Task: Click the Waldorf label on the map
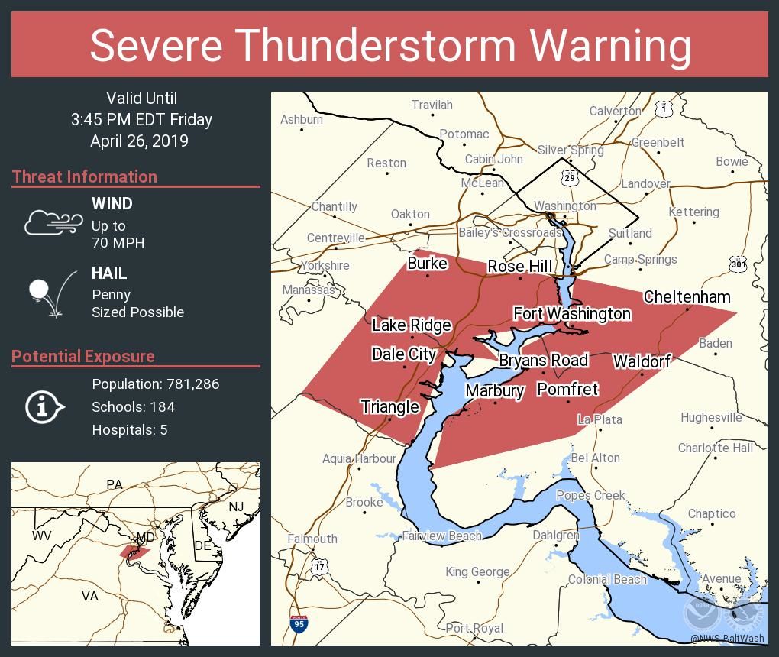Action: click(x=641, y=361)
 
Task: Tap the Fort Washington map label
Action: click(x=572, y=313)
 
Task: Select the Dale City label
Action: click(x=403, y=354)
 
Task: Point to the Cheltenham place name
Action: click(x=687, y=296)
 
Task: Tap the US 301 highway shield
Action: click(x=738, y=264)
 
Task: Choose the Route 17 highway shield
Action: click(x=320, y=567)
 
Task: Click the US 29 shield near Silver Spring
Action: click(x=567, y=178)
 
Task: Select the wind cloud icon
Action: click(x=53, y=222)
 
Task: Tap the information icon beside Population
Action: click(x=44, y=407)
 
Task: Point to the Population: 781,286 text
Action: click(x=155, y=384)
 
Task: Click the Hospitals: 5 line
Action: click(x=129, y=429)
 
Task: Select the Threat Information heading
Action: click(x=84, y=176)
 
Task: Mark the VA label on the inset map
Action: click(x=90, y=596)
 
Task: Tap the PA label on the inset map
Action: click(x=115, y=484)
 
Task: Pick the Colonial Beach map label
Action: click(x=607, y=579)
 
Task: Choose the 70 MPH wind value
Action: click(x=118, y=243)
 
